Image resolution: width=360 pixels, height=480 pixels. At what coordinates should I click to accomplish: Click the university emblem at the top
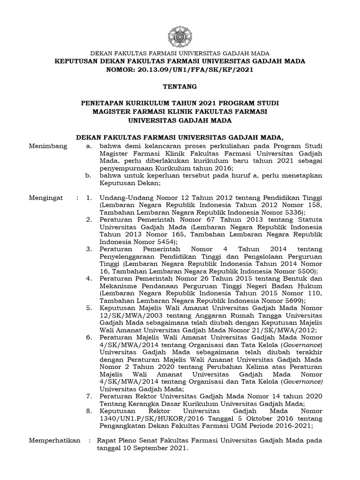[180, 36]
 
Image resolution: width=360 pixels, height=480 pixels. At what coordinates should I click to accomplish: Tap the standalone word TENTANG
[180, 86]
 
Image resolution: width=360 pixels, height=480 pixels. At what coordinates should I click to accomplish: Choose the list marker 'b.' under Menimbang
[88, 176]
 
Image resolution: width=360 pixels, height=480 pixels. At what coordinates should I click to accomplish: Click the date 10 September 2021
[152, 448]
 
